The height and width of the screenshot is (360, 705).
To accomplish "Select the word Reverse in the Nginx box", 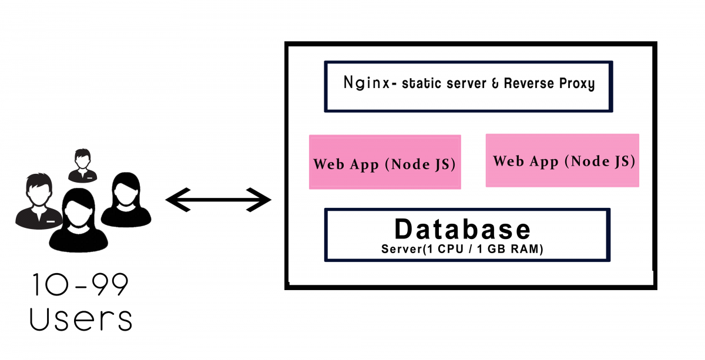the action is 529,83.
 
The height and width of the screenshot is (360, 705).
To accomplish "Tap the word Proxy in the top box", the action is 577,84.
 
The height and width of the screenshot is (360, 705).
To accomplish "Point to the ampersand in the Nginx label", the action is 495,84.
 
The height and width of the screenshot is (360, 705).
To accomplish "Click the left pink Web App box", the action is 385,162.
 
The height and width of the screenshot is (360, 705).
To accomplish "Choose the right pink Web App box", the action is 562,160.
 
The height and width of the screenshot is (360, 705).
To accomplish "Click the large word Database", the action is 462,229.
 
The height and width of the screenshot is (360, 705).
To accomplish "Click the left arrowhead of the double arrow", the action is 178,200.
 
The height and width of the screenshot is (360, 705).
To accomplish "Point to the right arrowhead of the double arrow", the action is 258,200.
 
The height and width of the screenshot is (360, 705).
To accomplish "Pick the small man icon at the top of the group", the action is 82,166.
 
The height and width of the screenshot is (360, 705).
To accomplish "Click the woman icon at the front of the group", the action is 78,220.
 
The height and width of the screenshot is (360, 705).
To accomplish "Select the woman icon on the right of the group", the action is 126,200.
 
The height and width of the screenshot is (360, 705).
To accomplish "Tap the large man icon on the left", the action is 38,201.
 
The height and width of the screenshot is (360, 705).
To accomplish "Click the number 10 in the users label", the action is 51,284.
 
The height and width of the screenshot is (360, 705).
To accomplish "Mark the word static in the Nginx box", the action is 422,83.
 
